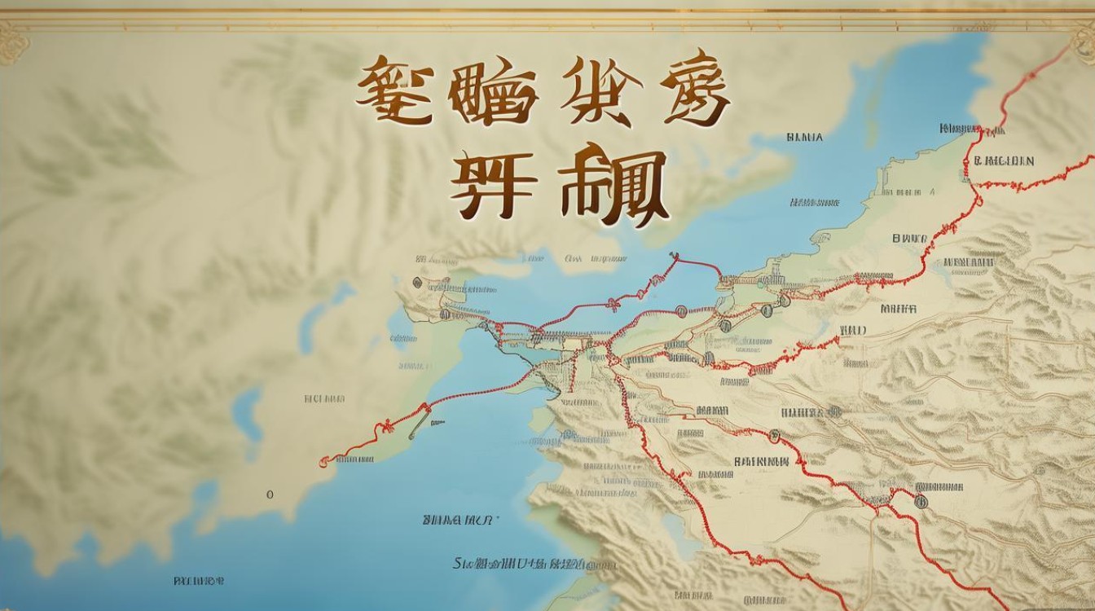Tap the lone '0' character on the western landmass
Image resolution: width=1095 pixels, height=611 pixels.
click(270, 495)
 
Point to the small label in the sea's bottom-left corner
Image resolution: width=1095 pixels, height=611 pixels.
click(199, 581)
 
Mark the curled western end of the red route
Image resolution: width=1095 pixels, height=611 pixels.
click(324, 462)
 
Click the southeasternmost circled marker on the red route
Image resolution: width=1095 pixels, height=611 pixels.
click(921, 500)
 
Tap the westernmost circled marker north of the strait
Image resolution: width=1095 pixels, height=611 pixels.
click(417, 283)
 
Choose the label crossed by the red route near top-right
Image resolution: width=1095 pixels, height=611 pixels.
click(964, 128)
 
